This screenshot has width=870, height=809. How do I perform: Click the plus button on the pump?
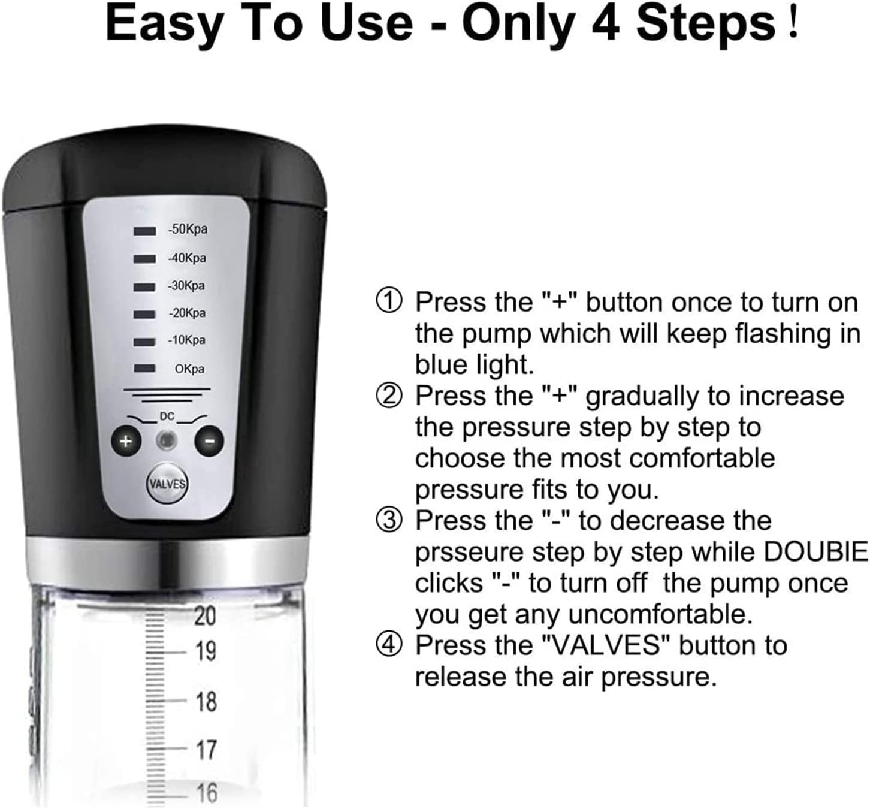(x=126, y=440)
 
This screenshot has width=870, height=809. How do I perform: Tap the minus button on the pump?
(x=209, y=440)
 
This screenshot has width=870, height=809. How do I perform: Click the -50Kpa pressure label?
(x=188, y=229)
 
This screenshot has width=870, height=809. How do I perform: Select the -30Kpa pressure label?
(x=186, y=286)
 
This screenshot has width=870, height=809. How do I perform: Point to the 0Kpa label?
(x=189, y=369)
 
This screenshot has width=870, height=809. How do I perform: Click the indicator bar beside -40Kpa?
(x=144, y=259)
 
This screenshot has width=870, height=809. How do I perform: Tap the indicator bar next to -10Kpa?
(x=144, y=342)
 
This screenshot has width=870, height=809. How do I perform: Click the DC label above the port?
(x=167, y=416)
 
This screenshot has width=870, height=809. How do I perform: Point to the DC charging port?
(x=167, y=440)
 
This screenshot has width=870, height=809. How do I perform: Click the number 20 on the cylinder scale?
(x=205, y=615)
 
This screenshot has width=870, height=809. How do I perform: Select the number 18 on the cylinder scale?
(x=206, y=701)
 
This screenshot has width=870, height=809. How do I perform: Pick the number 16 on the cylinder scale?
(x=207, y=792)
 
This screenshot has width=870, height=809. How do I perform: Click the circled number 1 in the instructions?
(x=389, y=301)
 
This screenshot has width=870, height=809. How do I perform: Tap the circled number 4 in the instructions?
(x=389, y=644)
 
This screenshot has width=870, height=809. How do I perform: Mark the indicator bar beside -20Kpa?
(x=144, y=314)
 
